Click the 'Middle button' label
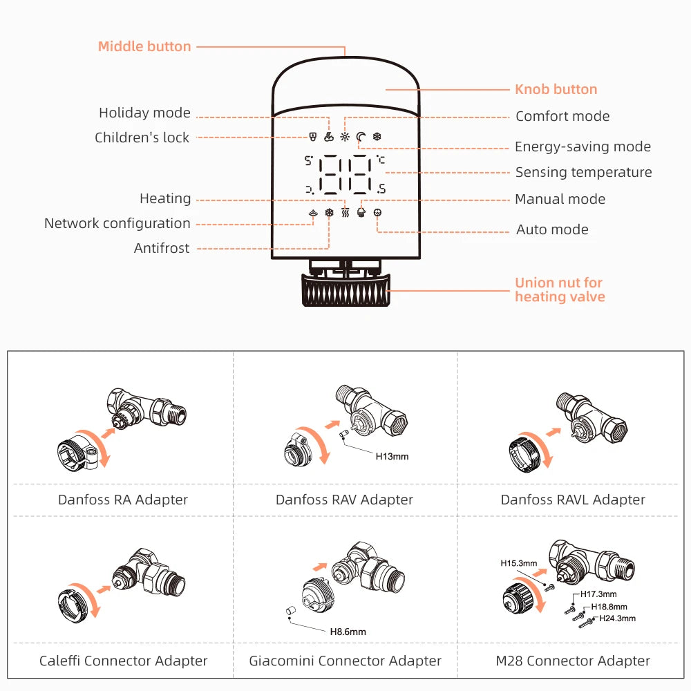[x=144, y=47]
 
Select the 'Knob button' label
[x=556, y=89]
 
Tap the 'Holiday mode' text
[x=144, y=113]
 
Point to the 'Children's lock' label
[x=142, y=138]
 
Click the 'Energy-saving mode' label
[x=583, y=146]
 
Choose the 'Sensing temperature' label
[x=583, y=172]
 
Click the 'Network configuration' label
[x=117, y=223]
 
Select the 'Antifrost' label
[x=161, y=248]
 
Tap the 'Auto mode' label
[x=552, y=229]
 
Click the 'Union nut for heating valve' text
[x=560, y=290]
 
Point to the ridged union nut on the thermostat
[x=345, y=290]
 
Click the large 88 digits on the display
[x=343, y=174]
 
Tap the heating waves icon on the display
[x=345, y=214]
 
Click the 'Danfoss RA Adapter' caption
[x=123, y=500]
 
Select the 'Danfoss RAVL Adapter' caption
[x=573, y=500]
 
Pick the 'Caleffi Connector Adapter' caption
[x=123, y=661]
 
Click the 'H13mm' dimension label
[x=392, y=456]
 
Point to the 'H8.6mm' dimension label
[x=348, y=632]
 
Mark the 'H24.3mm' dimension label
[x=617, y=618]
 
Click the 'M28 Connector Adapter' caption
[x=573, y=661]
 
